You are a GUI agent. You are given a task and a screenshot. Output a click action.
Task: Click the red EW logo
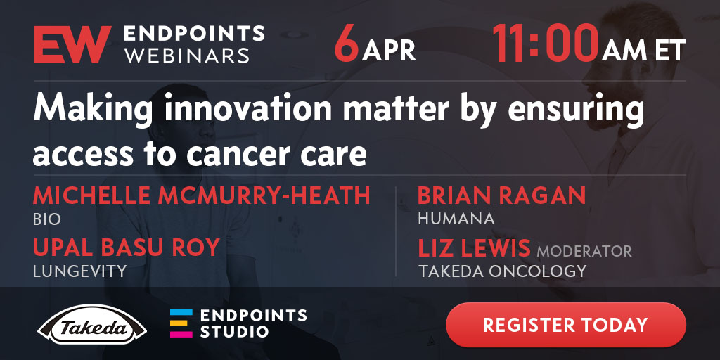pyautogui.click(x=72, y=44)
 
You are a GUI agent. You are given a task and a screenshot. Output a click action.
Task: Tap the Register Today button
pyautogui.click(x=566, y=325)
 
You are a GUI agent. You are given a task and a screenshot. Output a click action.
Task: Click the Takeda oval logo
pyautogui.click(x=92, y=325)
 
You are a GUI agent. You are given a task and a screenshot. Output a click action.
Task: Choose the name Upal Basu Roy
pyautogui.click(x=127, y=248)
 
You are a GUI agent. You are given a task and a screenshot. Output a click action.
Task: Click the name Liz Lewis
pyautogui.click(x=474, y=248)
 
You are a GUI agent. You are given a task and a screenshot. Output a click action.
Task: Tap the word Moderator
pyautogui.click(x=584, y=252)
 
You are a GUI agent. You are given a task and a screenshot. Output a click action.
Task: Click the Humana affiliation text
pyautogui.click(x=456, y=219)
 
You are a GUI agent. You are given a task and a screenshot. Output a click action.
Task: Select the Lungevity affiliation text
pyautogui.click(x=79, y=271)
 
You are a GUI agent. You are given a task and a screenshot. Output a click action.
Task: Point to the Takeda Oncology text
pyautogui.click(x=502, y=271)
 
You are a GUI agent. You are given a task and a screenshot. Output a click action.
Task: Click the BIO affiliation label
pyautogui.click(x=47, y=219)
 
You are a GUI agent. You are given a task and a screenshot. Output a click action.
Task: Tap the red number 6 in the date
pyautogui.click(x=347, y=45)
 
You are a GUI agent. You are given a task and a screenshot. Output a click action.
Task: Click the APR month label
pyautogui.click(x=389, y=51)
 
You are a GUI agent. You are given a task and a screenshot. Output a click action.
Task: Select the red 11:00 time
pyautogui.click(x=546, y=44)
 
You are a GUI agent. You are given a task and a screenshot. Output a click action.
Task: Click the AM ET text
pyautogui.click(x=644, y=51)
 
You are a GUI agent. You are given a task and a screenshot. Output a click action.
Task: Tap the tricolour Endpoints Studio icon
pyautogui.click(x=181, y=323)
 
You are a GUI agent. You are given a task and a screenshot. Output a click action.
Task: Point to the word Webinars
pyautogui.click(x=187, y=56)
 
